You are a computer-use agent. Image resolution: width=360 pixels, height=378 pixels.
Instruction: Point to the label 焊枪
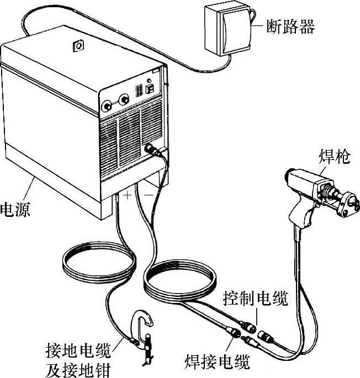334,158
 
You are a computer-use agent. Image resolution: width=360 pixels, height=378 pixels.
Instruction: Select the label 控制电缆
256,301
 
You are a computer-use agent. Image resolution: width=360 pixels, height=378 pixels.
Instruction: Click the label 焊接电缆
216,362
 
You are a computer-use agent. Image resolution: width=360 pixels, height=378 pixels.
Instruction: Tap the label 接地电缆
77,350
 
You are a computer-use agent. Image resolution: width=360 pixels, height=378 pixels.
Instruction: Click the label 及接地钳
77,367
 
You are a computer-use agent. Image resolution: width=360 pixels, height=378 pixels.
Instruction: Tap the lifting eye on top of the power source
78,46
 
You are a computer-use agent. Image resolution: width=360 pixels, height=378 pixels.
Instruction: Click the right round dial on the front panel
125,99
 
